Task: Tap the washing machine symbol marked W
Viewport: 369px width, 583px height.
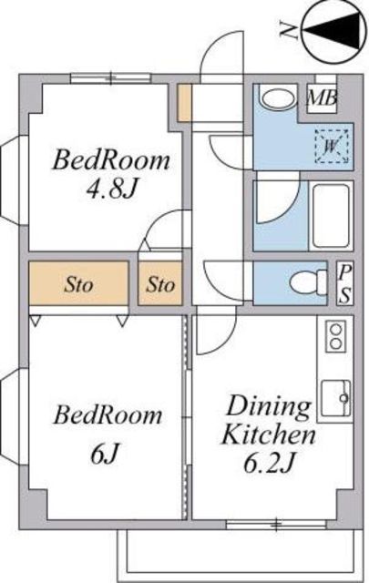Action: [332, 146]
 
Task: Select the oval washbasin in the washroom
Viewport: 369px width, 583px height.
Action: [278, 97]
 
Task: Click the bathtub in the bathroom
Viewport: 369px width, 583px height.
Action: [331, 216]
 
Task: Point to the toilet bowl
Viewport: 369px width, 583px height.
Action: [308, 283]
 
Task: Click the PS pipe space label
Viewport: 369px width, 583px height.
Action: [344, 284]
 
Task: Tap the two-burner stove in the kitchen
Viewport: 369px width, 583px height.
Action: [336, 336]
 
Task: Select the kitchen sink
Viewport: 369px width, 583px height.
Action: [336, 398]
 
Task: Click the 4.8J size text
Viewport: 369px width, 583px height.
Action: [111, 189]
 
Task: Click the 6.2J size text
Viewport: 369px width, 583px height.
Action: [270, 464]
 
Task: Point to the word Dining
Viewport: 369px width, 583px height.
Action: [270, 408]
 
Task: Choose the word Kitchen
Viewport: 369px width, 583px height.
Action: [269, 435]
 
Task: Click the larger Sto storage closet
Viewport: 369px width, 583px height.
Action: [79, 283]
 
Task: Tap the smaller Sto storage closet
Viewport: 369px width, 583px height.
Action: [160, 283]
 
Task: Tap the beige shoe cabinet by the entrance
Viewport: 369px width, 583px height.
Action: [184, 103]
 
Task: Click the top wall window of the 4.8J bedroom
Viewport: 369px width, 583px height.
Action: [111, 77]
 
